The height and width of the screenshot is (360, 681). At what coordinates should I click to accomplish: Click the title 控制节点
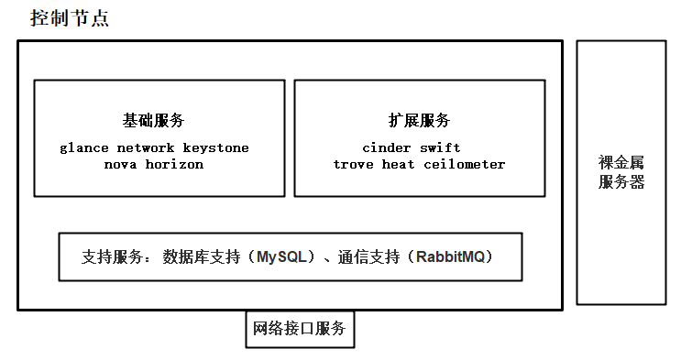point(70,17)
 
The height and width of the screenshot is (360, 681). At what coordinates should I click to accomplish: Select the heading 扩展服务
point(419,120)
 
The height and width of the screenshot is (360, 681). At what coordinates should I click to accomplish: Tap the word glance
point(83,147)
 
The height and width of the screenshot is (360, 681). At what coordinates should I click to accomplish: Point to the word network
point(144,147)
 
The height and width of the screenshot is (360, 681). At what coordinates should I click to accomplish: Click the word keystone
point(215,147)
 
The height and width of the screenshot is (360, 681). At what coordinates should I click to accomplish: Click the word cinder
point(387,147)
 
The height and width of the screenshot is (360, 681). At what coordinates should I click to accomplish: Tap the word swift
point(440,147)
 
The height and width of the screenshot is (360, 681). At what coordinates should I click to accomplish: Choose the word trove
point(354,165)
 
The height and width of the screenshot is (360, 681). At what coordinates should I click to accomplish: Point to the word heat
point(400,165)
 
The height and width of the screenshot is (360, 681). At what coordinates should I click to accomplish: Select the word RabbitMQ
point(455,256)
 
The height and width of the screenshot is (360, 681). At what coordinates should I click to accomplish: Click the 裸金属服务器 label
point(621,172)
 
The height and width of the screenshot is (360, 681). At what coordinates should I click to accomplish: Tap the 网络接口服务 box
point(300,329)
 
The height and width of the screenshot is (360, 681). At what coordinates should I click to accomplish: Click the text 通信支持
point(369,256)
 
